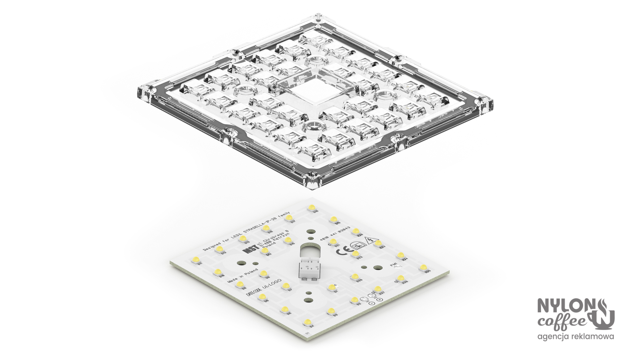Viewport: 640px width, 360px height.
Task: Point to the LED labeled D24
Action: tap(400, 255)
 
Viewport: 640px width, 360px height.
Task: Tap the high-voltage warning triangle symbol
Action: tap(369, 241)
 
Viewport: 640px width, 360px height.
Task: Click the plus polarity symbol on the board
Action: tap(379, 299)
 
